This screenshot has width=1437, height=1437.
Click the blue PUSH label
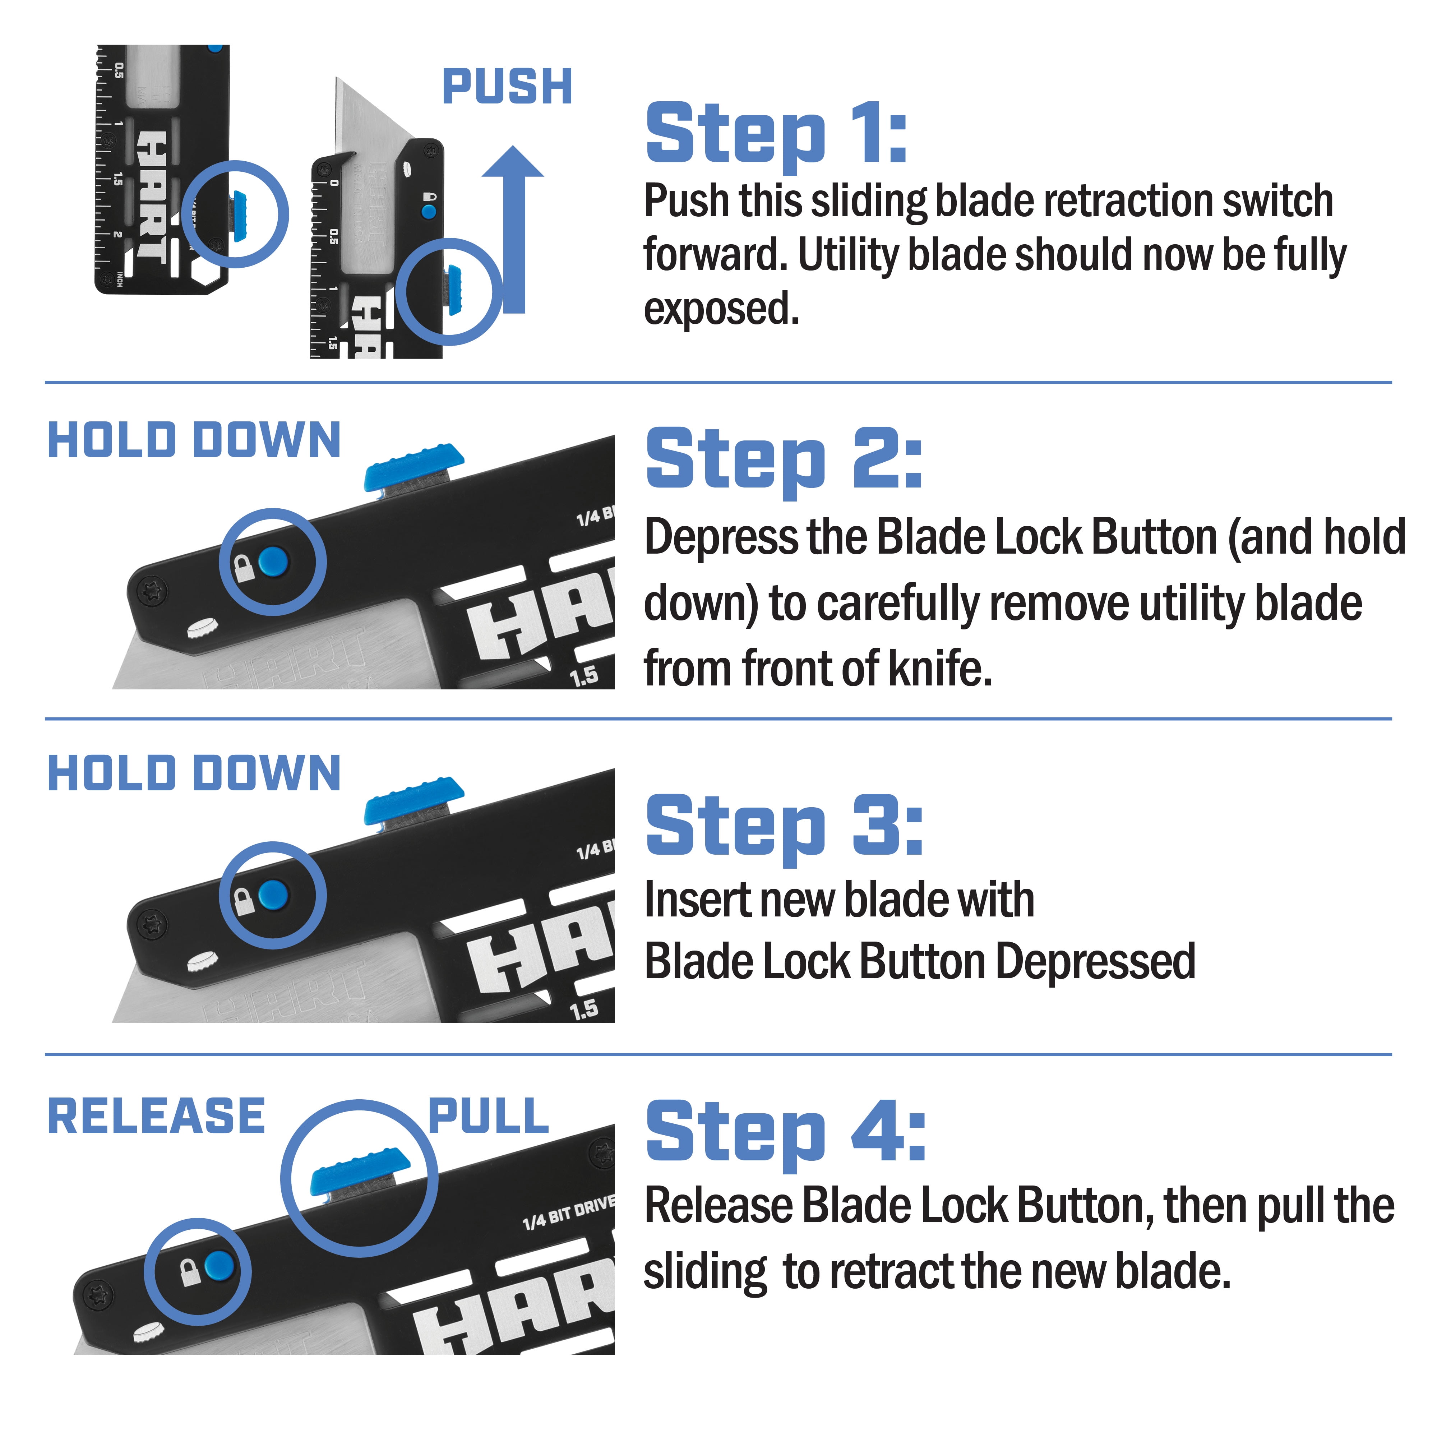click(x=507, y=87)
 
